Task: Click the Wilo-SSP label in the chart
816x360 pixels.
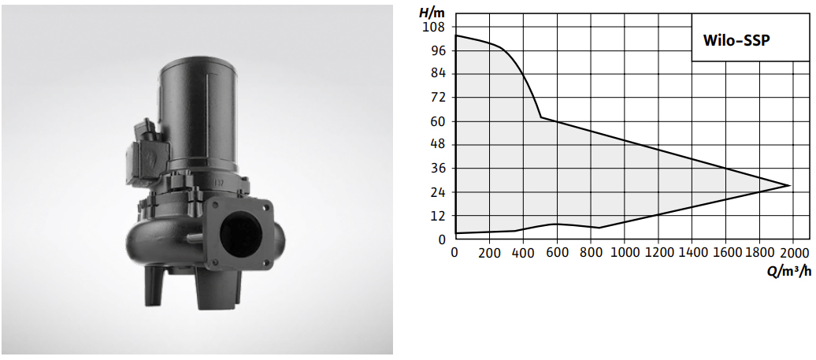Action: tap(736, 41)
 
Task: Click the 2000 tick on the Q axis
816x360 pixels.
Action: tap(794, 253)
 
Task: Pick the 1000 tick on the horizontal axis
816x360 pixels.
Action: tap(625, 253)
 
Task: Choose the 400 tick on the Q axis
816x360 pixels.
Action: tap(523, 253)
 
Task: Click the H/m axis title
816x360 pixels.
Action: tap(432, 12)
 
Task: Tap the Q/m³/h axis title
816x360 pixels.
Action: tap(788, 270)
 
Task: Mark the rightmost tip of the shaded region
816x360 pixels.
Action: tap(790, 185)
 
